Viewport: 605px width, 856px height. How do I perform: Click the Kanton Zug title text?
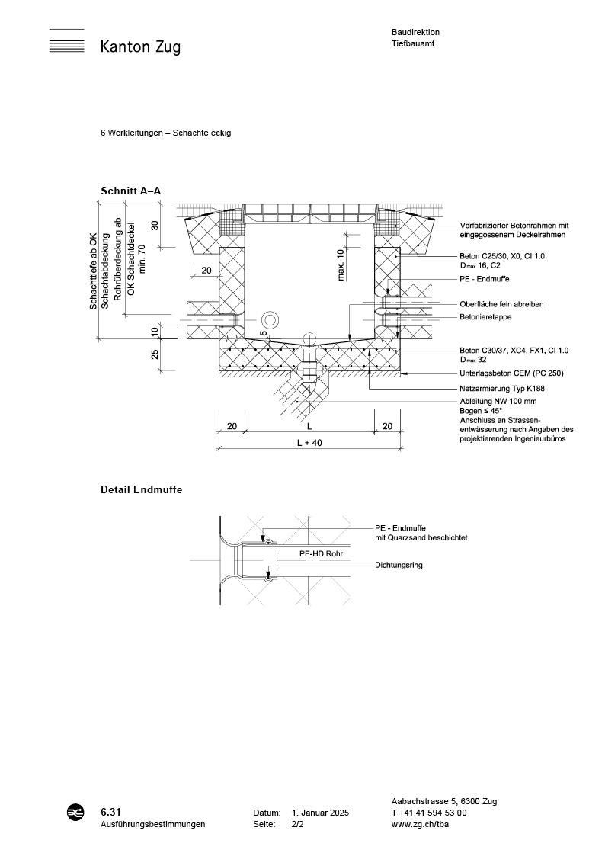click(x=140, y=47)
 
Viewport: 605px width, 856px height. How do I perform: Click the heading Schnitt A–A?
click(x=130, y=191)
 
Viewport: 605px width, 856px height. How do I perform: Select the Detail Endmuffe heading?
click(x=141, y=490)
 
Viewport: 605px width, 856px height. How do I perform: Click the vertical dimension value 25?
click(x=155, y=354)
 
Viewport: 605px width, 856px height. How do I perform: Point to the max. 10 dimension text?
click(x=341, y=263)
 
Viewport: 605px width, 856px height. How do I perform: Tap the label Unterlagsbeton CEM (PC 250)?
click(x=511, y=373)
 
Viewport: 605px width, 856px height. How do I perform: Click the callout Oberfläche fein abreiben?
click(x=501, y=304)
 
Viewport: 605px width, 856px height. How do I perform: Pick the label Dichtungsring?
click(x=399, y=566)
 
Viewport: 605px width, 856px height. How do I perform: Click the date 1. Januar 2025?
click(x=320, y=813)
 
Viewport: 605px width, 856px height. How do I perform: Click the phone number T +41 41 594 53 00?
click(x=429, y=813)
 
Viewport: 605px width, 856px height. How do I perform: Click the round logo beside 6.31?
click(x=75, y=813)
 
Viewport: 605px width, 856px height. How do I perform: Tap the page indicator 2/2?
click(x=297, y=825)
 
